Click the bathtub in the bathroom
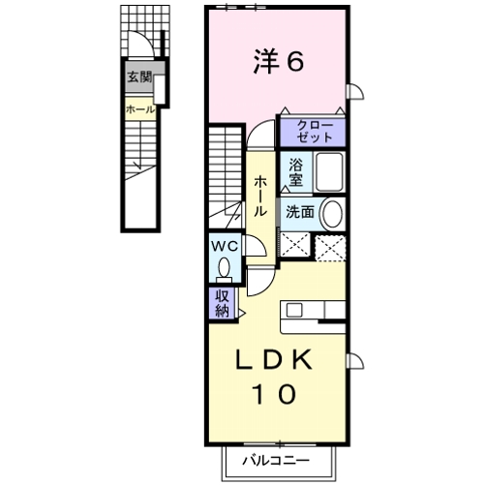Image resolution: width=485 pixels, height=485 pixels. coord(329,173)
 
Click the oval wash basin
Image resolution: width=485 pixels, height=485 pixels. coord(331,214)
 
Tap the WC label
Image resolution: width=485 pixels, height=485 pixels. coord(225,245)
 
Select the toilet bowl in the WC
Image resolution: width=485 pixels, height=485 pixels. coord(225,267)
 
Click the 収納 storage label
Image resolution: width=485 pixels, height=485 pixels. coord(222,303)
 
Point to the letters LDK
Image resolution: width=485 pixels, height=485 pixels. coord(275,358)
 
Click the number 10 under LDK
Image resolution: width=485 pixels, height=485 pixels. coord(275,395)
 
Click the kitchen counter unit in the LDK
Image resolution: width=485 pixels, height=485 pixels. coord(314,311)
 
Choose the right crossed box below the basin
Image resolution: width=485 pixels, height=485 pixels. coord(332,247)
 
